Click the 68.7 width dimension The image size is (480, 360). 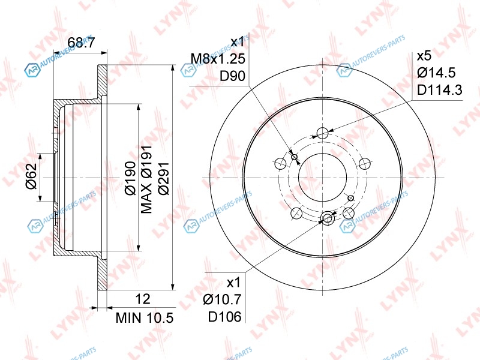click(x=81, y=43)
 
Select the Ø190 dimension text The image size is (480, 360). click(x=131, y=178)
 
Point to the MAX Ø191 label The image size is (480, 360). click(x=146, y=179)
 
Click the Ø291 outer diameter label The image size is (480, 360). click(x=164, y=178)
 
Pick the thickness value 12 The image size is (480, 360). click(x=143, y=299)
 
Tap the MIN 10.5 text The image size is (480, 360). click(x=145, y=318)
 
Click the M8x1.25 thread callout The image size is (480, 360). click(x=218, y=58)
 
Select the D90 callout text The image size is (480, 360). click(x=233, y=76)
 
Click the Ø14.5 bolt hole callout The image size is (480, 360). click(x=436, y=73)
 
